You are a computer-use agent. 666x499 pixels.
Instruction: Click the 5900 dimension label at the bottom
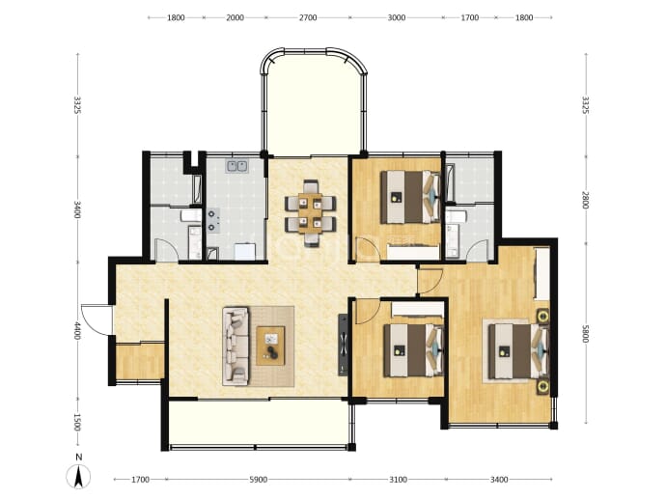(x=259, y=480)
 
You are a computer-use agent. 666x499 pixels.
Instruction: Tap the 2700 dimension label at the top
(x=308, y=17)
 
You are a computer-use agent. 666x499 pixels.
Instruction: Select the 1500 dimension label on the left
(x=77, y=422)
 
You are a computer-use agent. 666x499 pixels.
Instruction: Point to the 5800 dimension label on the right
(x=586, y=334)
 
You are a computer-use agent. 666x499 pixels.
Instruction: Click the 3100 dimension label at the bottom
(x=398, y=480)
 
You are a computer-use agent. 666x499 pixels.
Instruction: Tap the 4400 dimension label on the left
(x=77, y=330)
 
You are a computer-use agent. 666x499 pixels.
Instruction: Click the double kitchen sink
(x=237, y=166)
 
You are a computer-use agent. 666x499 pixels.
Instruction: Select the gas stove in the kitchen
(x=213, y=220)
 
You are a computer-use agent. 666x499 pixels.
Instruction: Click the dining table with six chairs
(x=311, y=213)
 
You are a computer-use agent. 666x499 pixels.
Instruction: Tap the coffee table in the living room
(x=270, y=346)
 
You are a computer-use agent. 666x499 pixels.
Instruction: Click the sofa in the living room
(x=236, y=347)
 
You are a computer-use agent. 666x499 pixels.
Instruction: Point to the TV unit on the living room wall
(x=343, y=345)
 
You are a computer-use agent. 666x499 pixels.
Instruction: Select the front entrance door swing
(x=97, y=319)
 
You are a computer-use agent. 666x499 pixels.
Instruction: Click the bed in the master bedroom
(x=518, y=351)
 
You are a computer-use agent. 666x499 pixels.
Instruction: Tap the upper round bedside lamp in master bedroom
(x=543, y=317)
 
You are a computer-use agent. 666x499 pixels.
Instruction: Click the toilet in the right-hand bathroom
(x=457, y=216)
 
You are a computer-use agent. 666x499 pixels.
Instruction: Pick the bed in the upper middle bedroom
(x=410, y=197)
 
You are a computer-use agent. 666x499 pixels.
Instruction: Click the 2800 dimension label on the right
(x=586, y=200)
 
